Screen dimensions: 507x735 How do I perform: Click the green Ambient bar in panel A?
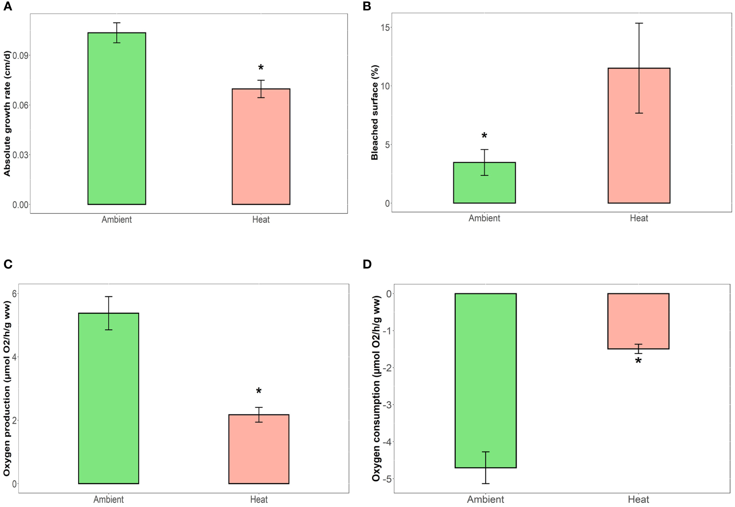point(117,118)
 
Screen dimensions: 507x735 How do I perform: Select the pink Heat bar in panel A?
point(261,147)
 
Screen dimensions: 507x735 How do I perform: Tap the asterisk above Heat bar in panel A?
point(261,68)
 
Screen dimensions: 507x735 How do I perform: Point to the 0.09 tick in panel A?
point(21,56)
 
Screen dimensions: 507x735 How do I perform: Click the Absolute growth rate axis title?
point(7,114)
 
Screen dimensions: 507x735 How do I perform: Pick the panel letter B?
point(367,6)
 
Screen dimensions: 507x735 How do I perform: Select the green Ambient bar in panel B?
point(484,183)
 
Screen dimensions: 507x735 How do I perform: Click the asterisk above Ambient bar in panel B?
point(484,136)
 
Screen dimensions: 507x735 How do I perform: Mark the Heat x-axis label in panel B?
point(638,218)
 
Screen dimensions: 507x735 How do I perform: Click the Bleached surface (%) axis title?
point(375,112)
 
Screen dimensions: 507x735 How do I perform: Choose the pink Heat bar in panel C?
point(259,449)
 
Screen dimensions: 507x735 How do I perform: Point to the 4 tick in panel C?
point(14,357)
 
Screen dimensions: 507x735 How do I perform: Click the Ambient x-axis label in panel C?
point(109,500)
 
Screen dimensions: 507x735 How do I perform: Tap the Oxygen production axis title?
point(7,388)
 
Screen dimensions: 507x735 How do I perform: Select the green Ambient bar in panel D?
point(485,380)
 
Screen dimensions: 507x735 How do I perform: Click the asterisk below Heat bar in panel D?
point(638,361)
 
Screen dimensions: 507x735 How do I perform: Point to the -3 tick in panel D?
point(389,405)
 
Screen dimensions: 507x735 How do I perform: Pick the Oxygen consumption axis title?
point(376,388)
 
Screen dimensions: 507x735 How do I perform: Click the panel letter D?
point(367,264)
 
